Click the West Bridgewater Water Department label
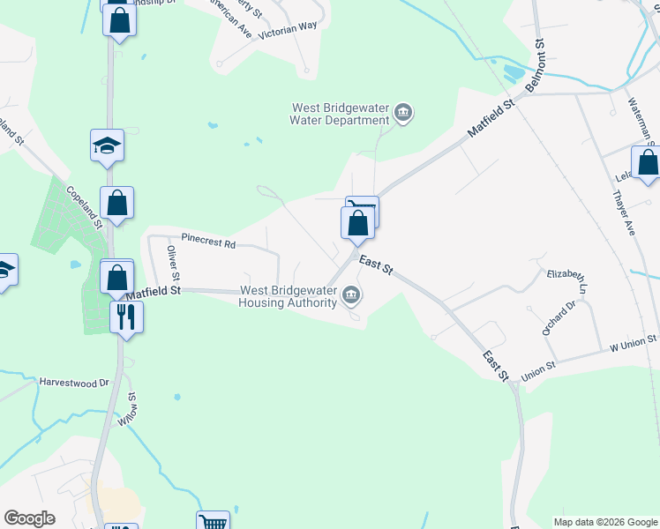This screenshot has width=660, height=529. click(341, 114)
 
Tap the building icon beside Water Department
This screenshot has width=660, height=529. click(404, 113)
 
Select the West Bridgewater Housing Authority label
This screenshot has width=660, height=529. click(289, 296)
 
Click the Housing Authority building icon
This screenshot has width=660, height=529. click(352, 294)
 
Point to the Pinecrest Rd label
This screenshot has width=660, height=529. click(208, 239)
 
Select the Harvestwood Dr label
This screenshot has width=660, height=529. click(73, 383)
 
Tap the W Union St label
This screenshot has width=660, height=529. click(627, 342)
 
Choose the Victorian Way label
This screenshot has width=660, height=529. click(288, 26)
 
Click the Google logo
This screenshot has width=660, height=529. click(29, 518)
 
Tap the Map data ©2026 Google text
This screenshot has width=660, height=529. click(605, 522)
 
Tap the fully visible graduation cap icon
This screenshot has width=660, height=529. click(107, 145)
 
